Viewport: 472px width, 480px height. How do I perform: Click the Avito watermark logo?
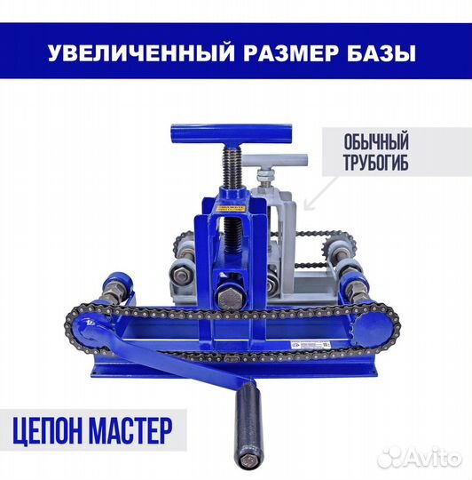click(418, 457)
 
